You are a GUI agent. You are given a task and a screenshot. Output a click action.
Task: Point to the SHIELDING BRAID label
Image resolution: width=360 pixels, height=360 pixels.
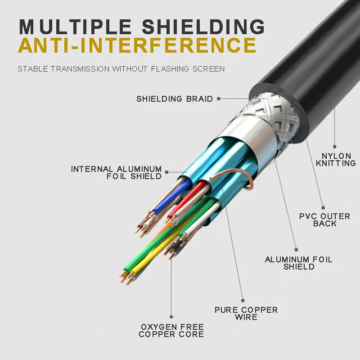(175, 99)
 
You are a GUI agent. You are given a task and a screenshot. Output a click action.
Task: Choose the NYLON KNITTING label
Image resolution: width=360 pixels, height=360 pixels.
(336, 160)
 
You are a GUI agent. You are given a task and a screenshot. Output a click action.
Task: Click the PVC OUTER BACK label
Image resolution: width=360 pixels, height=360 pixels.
(324, 220)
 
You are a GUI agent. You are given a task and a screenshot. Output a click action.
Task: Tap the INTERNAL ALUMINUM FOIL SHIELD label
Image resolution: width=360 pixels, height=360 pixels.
(117, 173)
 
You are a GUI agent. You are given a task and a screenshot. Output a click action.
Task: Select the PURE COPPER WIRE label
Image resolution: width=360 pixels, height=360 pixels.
(246, 313)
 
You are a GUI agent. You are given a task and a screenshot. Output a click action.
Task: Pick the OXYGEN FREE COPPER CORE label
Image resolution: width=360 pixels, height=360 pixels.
(171, 330)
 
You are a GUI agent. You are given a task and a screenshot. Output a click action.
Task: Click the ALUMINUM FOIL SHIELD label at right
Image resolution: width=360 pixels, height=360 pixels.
(298, 263)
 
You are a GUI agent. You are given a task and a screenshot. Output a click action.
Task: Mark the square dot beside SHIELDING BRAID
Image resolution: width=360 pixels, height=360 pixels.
(218, 99)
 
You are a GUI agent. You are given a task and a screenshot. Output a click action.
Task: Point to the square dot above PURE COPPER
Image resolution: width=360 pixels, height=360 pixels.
(243, 300)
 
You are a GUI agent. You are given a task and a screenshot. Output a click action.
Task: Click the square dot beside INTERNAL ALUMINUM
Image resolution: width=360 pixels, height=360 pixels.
(167, 171)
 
